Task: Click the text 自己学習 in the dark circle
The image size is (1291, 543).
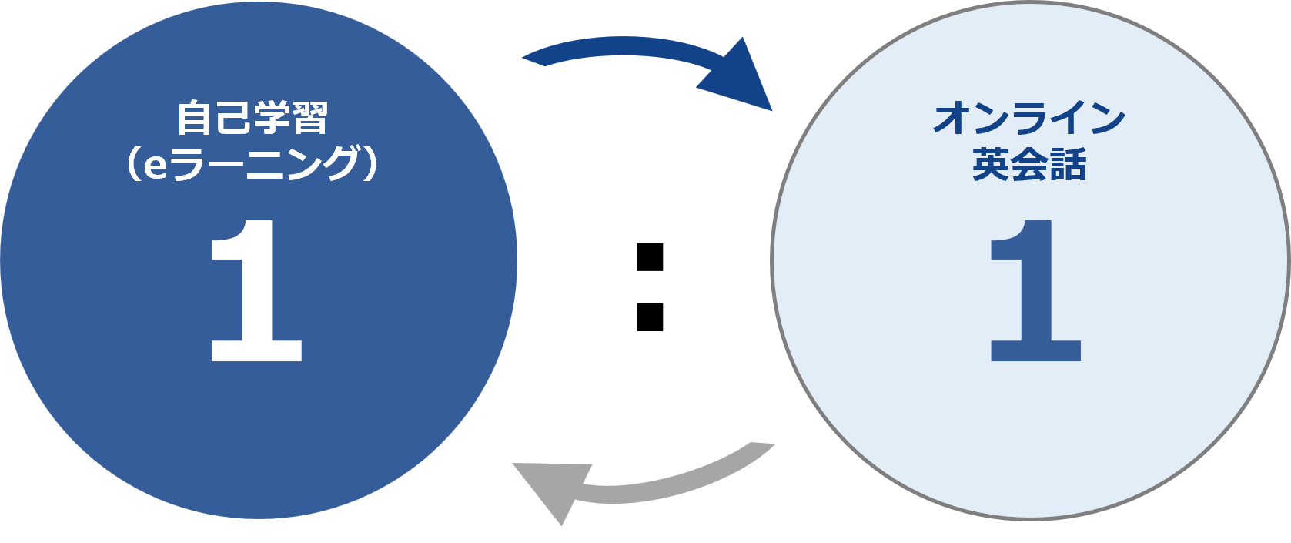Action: click(x=253, y=118)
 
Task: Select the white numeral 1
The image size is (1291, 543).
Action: click(x=256, y=290)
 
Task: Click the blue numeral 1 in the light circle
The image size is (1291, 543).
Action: click(x=1035, y=290)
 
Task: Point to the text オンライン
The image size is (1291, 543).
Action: click(x=1028, y=118)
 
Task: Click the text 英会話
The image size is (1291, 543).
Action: click(x=1029, y=164)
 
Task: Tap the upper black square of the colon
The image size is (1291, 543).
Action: click(x=650, y=257)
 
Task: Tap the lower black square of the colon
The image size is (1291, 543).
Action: click(x=650, y=317)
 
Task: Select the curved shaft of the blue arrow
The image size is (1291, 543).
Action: click(x=623, y=46)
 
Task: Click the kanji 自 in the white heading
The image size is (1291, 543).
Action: click(x=196, y=118)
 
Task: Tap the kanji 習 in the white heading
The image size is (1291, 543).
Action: click(x=311, y=118)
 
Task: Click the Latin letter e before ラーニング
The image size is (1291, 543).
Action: click(x=155, y=167)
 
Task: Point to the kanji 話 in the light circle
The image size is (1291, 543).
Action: click(x=1068, y=164)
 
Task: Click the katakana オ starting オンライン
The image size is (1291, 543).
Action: click(x=952, y=118)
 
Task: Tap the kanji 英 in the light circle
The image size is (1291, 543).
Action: click(x=992, y=164)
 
